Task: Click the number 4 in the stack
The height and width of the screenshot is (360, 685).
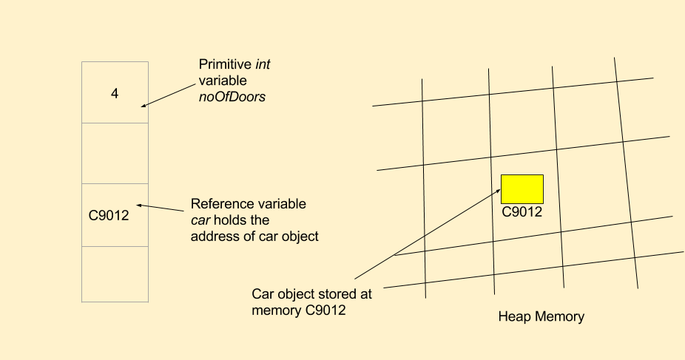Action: tap(115, 94)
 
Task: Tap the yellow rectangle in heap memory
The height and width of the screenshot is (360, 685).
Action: tap(522, 189)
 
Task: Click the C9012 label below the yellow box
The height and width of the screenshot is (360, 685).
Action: tap(522, 212)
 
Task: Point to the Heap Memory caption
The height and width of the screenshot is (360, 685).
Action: tap(541, 316)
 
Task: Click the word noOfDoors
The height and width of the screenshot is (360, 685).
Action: tap(230, 96)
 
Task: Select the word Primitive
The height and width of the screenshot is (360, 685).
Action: tap(220, 64)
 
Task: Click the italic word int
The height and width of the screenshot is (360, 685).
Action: tap(263, 64)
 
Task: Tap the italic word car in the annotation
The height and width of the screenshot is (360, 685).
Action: tap(201, 220)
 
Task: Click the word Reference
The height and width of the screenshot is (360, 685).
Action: tap(220, 204)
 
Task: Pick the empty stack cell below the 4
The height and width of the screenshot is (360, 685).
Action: tap(115, 153)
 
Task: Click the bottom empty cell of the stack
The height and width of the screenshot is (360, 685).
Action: tap(115, 274)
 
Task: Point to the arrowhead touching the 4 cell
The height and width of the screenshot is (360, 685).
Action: tap(143, 105)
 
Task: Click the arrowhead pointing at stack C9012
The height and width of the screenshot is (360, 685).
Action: tap(139, 206)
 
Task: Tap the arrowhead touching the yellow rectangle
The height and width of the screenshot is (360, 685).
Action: tap(499, 189)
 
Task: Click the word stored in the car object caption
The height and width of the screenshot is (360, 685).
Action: tap(334, 293)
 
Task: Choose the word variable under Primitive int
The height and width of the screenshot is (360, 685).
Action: tap(222, 80)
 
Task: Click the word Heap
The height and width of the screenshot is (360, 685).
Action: tap(514, 316)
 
